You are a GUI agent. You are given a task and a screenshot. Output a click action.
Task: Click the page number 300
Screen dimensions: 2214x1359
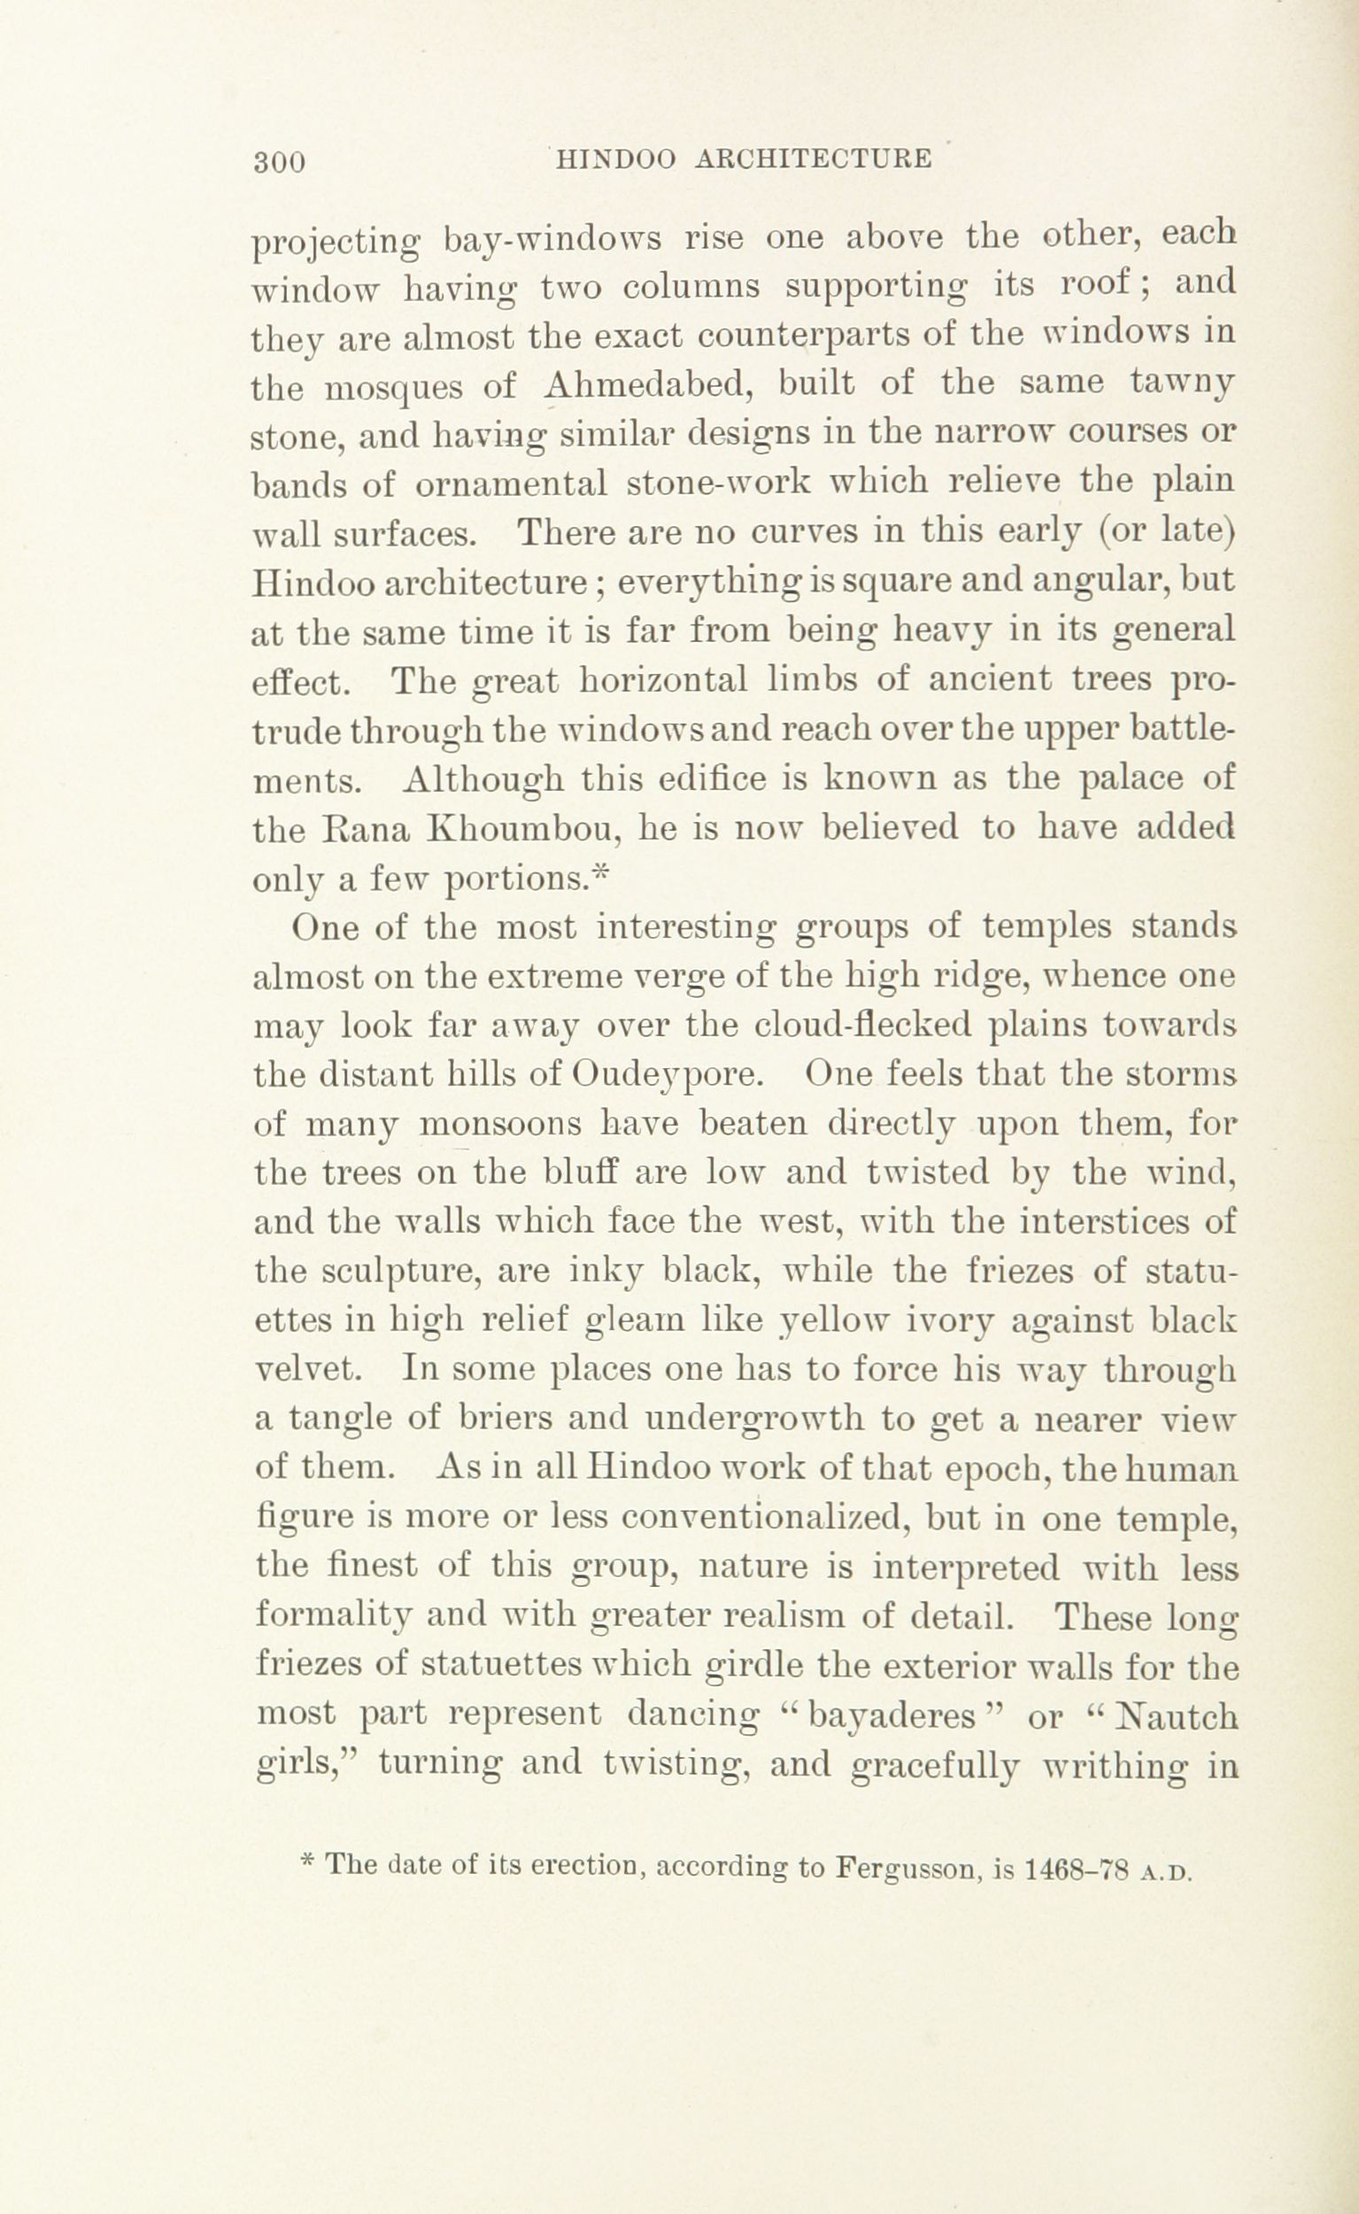(x=282, y=162)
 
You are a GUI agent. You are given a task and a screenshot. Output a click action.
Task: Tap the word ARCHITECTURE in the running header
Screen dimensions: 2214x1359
(x=814, y=159)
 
